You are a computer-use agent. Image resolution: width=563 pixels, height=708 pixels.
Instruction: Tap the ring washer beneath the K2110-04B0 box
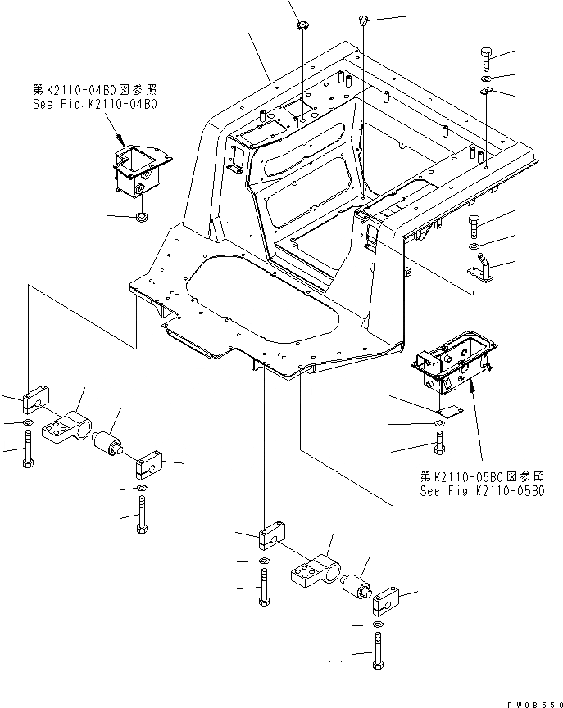click(141, 217)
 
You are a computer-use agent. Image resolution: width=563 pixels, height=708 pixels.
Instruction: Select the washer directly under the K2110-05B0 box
click(440, 423)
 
